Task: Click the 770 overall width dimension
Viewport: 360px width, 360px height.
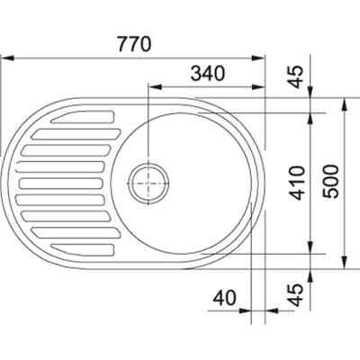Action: click(134, 44)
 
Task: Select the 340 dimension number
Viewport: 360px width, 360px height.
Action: click(208, 74)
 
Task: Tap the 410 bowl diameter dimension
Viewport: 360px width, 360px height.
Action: click(297, 183)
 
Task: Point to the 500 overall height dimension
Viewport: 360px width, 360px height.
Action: click(330, 182)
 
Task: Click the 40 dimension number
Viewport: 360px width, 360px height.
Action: click(225, 299)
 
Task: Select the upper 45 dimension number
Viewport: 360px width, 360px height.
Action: click(297, 76)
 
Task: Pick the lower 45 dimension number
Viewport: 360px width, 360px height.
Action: click(297, 295)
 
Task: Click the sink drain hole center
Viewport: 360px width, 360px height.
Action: click(148, 184)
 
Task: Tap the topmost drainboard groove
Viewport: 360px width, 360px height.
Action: click(84, 117)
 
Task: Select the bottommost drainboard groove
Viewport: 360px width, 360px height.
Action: click(84, 249)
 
